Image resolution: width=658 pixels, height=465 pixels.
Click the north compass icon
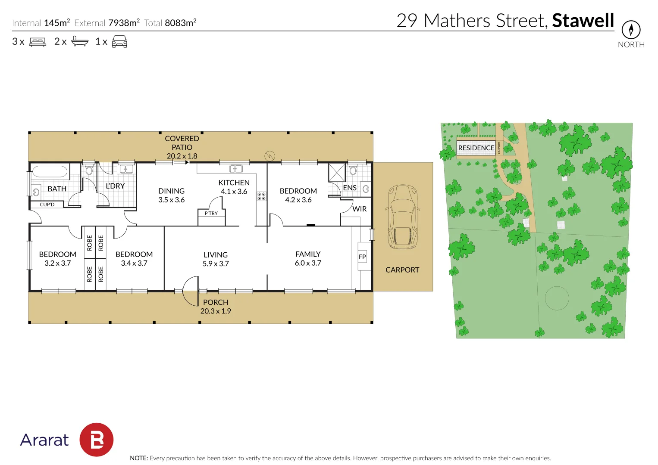tap(631, 30)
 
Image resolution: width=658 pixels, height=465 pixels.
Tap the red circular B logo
tap(97, 440)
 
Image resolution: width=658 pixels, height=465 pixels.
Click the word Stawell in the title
tap(583, 21)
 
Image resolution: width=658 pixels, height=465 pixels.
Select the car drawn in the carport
tap(403, 217)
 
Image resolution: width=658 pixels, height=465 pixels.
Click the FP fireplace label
tap(362, 257)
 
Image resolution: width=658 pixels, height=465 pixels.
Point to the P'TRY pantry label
tap(211, 214)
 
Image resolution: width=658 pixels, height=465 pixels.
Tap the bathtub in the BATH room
tap(50, 172)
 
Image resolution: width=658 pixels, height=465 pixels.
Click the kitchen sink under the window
tap(235, 169)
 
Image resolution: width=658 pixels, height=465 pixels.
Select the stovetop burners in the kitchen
tap(261, 196)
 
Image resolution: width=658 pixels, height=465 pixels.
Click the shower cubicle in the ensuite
tap(337, 173)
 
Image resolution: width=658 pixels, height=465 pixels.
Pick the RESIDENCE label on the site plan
tap(476, 148)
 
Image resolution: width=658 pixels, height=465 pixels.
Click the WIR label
tap(359, 209)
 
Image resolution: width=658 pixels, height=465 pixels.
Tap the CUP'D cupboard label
tap(47, 205)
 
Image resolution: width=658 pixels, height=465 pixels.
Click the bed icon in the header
tap(38, 42)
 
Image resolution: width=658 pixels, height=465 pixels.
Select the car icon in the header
tap(119, 42)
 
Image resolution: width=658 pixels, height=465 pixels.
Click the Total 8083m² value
tap(180, 23)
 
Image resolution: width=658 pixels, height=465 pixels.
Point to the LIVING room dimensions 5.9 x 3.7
tap(216, 263)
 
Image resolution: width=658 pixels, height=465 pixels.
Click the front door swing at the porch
tap(191, 291)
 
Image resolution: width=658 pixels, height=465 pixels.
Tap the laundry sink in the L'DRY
tap(126, 169)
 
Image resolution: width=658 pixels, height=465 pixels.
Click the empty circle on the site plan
tap(557, 298)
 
